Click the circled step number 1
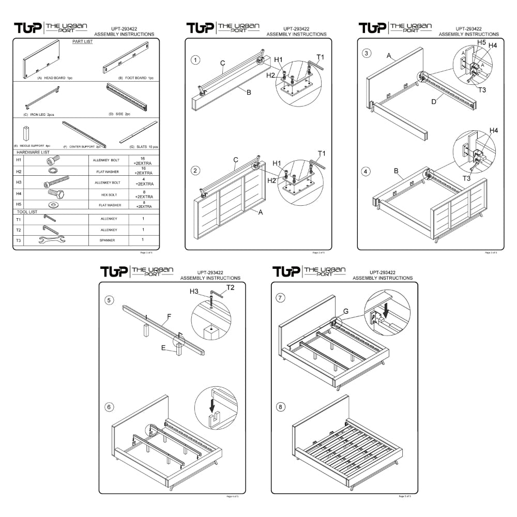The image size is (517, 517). click(x=195, y=59)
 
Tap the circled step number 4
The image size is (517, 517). click(x=366, y=171)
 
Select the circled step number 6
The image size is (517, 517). click(x=109, y=406)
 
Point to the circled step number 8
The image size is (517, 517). click(x=281, y=407)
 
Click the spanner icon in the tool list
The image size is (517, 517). click(x=52, y=239)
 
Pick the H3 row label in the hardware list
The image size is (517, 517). click(x=19, y=183)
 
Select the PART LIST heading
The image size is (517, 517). click(x=83, y=41)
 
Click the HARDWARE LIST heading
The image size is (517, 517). click(x=33, y=153)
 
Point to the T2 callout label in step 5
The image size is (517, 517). click(x=231, y=287)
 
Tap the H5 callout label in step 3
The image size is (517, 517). click(x=481, y=42)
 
